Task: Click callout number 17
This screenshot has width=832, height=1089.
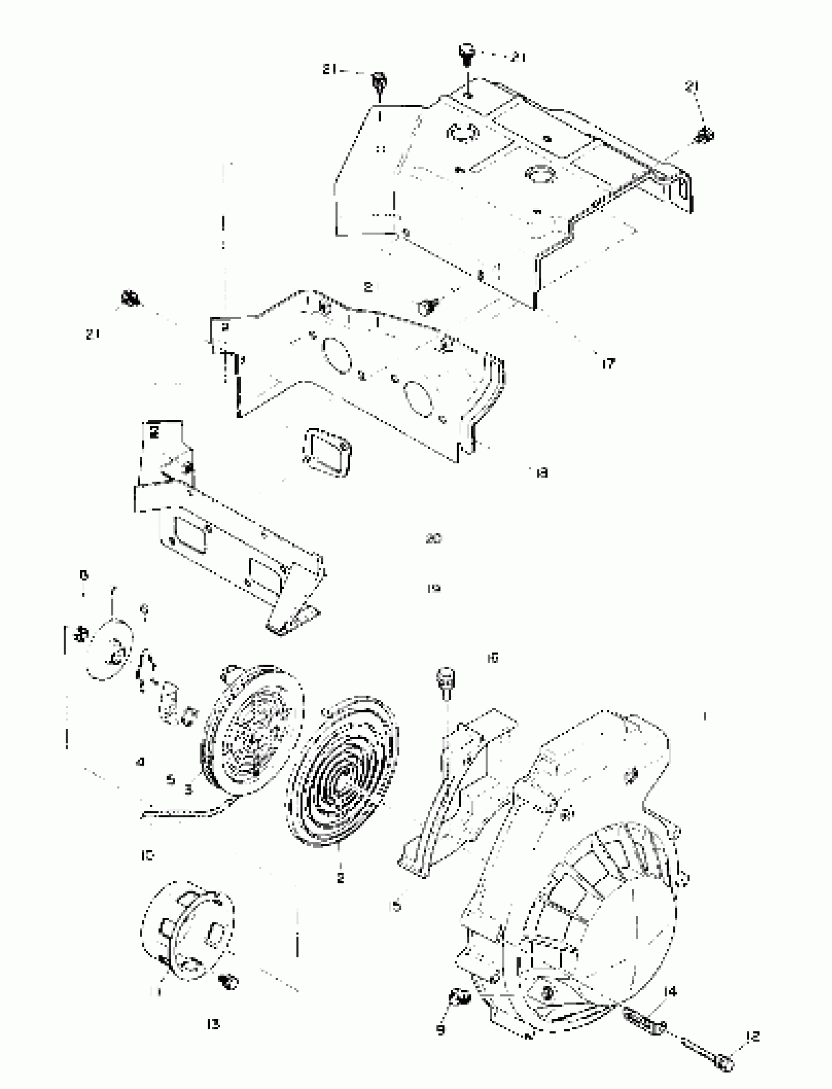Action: coord(608,364)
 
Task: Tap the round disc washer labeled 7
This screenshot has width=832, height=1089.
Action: coord(109,650)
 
